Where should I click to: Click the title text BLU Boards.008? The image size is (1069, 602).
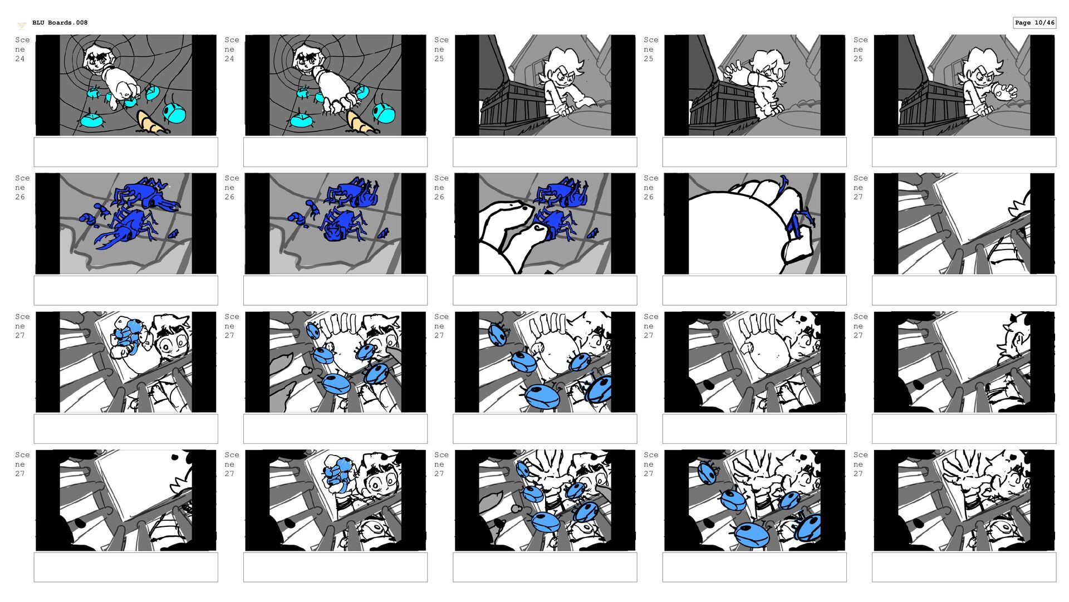click(60, 23)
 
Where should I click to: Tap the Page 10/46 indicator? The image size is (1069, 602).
click(1034, 23)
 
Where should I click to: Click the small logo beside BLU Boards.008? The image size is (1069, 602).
click(22, 25)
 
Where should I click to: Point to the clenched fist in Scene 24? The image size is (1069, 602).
click(124, 90)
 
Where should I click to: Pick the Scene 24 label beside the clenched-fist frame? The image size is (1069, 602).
click(22, 49)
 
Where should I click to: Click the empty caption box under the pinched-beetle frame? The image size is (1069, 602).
click(754, 290)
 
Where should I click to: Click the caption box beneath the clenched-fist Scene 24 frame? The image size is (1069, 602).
click(126, 152)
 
